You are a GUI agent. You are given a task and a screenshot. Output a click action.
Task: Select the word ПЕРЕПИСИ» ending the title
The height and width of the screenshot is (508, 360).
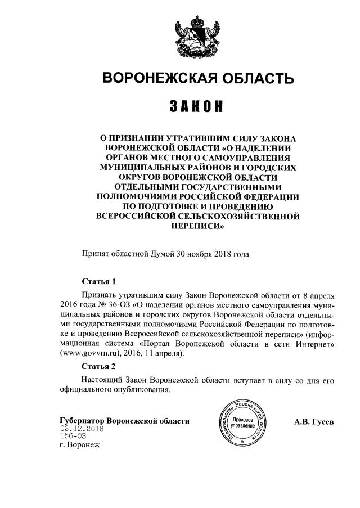[x=196, y=227]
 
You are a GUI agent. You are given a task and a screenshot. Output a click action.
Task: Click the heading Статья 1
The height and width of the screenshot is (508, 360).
[x=98, y=282]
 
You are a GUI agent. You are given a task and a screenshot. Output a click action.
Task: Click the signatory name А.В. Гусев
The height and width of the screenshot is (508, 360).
[x=314, y=421]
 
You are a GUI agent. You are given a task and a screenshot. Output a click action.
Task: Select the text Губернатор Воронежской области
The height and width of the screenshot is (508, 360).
[x=124, y=421]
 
